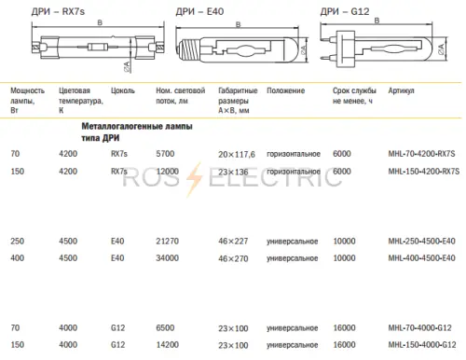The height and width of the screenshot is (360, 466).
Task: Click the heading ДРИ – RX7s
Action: tap(58, 11)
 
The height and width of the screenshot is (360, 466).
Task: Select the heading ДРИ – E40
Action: tap(199, 11)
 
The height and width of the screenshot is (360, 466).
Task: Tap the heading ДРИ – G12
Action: tap(345, 11)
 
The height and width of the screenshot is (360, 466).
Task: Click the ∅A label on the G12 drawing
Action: tap(441, 48)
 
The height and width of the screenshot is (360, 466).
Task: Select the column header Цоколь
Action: tap(123, 90)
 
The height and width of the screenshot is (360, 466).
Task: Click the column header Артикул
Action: tap(401, 90)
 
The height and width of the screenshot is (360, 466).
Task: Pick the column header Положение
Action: tap(285, 90)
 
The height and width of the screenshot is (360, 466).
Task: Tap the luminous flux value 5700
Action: tap(165, 154)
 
